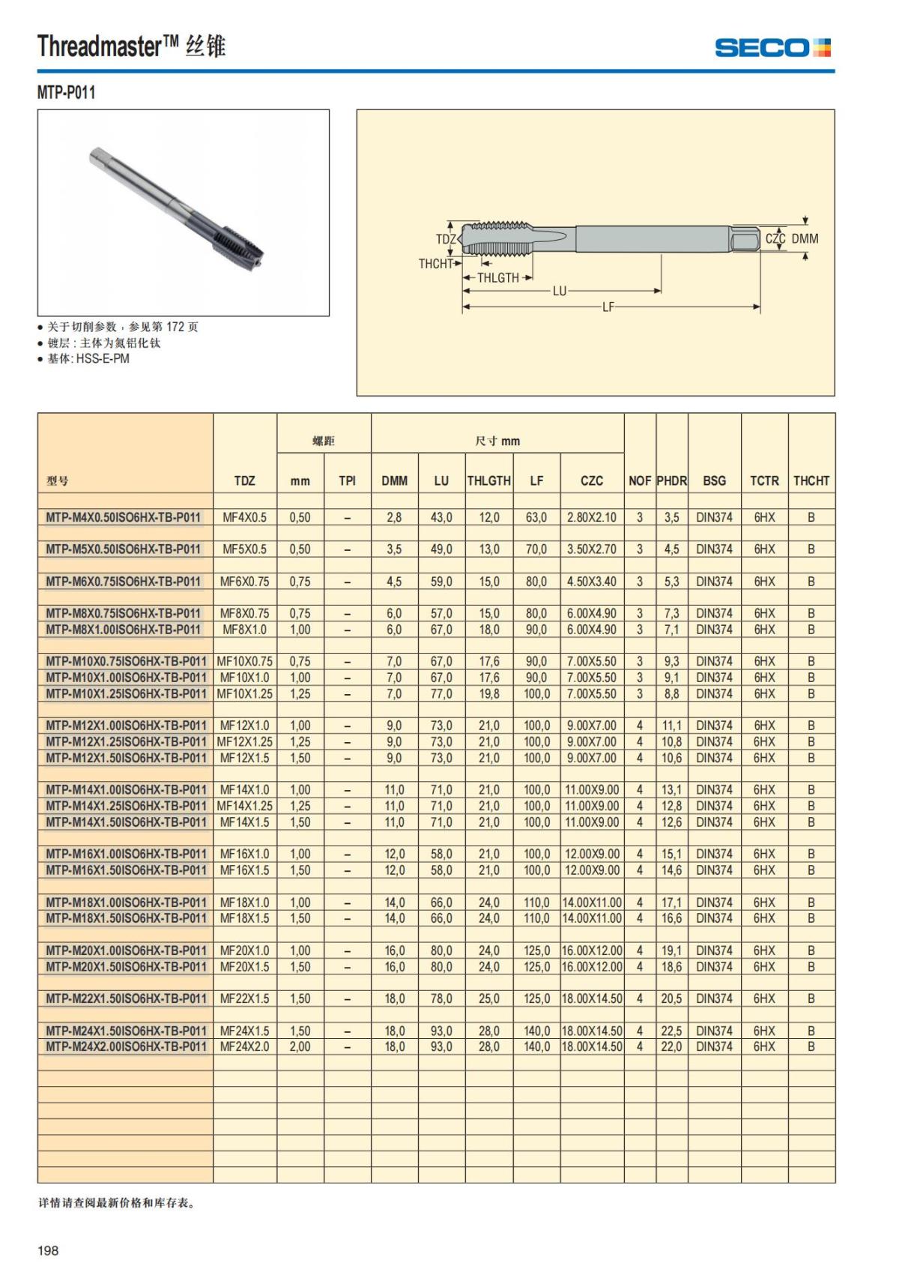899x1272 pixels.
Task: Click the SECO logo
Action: coord(772,48)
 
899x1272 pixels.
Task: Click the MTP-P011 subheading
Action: coord(66,92)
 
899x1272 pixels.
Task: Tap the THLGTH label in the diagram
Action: coord(497,277)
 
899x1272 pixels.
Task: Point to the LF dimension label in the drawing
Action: coord(608,307)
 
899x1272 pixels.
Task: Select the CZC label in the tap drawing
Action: coord(775,238)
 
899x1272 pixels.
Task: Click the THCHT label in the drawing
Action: coord(435,264)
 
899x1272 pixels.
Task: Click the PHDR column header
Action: coord(671,480)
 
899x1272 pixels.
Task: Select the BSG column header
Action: coord(714,480)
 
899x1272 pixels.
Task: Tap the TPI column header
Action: coord(347,480)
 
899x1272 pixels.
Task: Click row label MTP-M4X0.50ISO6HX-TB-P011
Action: coord(124,517)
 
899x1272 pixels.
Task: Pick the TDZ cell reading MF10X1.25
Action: coord(244,694)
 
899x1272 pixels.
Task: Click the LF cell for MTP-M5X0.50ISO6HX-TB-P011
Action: coord(536,549)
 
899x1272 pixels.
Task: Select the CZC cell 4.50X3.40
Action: coord(591,582)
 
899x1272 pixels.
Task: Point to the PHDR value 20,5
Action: coord(671,999)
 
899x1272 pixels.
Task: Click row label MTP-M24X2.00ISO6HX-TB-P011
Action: coord(125,1047)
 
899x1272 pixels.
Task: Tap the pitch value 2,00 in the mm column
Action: coord(300,1047)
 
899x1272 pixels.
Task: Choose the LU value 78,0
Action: coord(441,999)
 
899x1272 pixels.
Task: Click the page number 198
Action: coord(48,1250)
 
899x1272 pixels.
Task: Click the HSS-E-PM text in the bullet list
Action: coord(103,358)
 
